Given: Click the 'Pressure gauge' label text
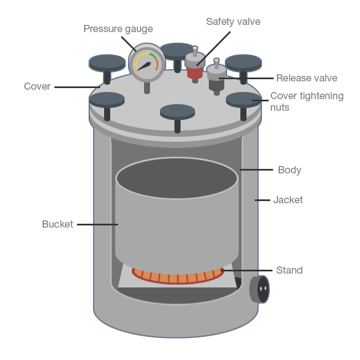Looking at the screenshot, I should [118, 29].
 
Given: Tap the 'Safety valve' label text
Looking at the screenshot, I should [233, 22].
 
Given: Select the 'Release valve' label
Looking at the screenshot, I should [306, 78].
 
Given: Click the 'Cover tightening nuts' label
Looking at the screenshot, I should [306, 101].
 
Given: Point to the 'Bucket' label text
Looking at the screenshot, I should [58, 224].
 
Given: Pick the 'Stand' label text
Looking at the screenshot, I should [289, 270].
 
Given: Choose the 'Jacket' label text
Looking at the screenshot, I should [288, 200].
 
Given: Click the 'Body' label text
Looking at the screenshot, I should [289, 170].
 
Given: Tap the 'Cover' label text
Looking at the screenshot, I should [37, 86].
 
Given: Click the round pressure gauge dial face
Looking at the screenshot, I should [147, 63].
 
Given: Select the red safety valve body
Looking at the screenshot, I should [194, 72].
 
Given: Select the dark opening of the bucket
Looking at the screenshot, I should [177, 178].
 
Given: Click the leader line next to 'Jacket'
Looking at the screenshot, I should [261, 200].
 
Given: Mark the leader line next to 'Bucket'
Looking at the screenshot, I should [97, 224].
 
